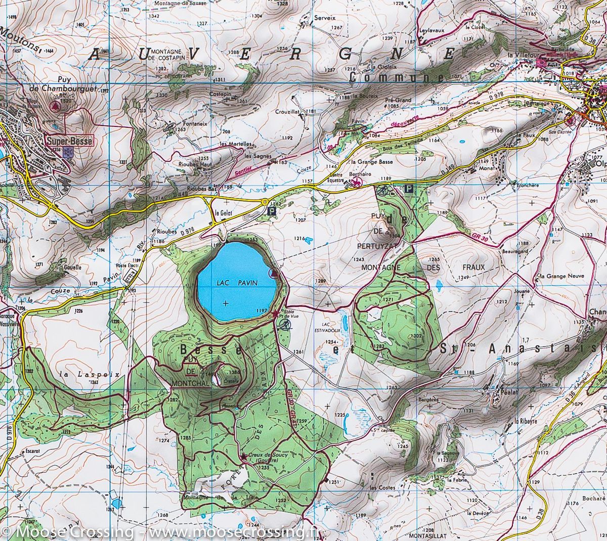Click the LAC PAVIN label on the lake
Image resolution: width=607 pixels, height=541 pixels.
coord(236,285)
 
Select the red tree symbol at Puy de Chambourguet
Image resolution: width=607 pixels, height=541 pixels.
coord(55,106)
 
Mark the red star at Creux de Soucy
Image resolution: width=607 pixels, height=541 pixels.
coord(244,457)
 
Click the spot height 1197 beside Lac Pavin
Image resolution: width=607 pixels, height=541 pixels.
coord(262,310)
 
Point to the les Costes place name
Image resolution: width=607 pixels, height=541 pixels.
coord(382,487)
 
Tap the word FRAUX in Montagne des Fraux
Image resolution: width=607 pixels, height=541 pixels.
coord(473,267)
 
